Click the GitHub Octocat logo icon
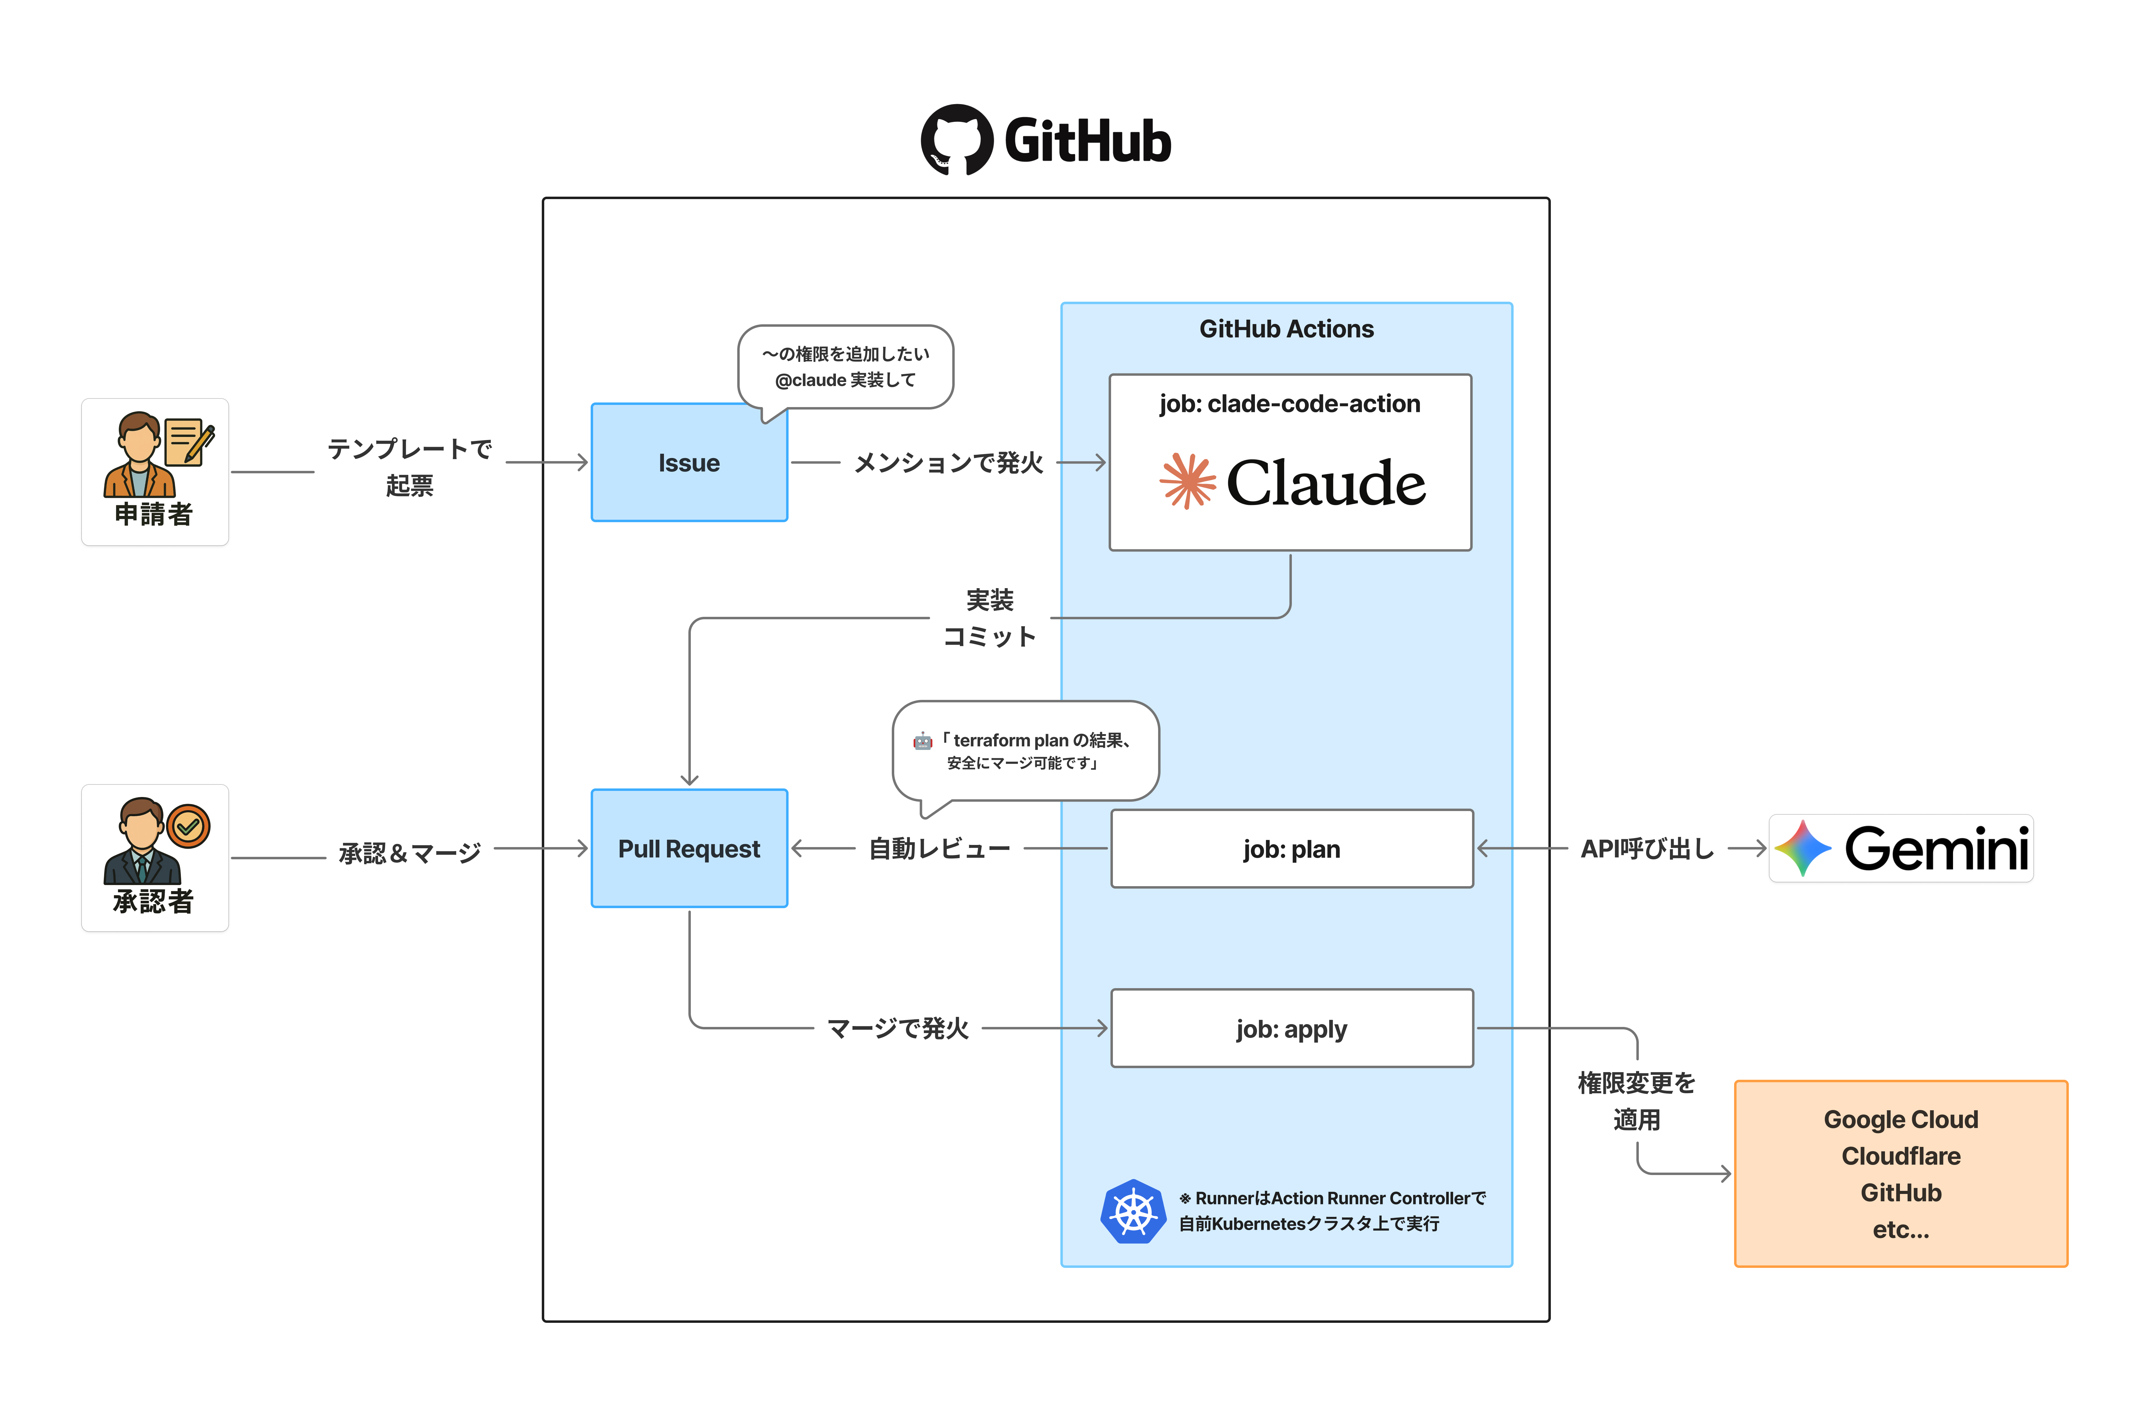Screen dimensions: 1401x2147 coord(956,140)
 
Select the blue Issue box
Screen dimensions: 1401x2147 coord(689,463)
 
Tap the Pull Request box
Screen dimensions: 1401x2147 coord(689,849)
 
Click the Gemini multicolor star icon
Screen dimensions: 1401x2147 coord(1803,848)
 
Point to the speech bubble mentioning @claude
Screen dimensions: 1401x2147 coord(845,367)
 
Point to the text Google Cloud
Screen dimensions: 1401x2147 coord(1901,1119)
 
